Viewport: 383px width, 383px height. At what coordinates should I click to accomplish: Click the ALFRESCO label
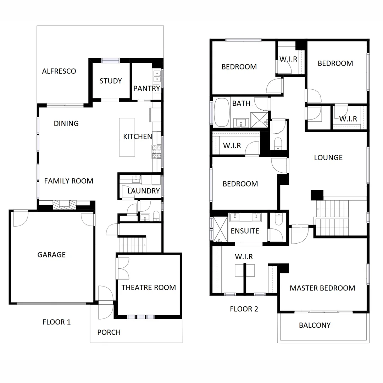(x=59, y=71)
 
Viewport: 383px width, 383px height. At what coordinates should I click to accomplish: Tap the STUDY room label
(x=111, y=81)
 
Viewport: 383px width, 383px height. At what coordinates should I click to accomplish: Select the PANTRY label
(x=146, y=88)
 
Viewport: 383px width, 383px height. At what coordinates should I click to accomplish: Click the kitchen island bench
(x=127, y=137)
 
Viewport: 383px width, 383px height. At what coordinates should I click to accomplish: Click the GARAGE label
(x=51, y=255)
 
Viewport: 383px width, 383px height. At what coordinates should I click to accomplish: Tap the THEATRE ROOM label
(x=149, y=287)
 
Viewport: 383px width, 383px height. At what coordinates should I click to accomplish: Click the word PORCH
(x=109, y=332)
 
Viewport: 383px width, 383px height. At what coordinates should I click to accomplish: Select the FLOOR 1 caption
(x=56, y=322)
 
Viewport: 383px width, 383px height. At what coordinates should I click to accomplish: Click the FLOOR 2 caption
(x=244, y=309)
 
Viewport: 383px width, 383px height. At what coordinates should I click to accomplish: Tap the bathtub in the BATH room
(x=222, y=113)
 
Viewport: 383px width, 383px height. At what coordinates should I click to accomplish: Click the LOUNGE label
(x=328, y=157)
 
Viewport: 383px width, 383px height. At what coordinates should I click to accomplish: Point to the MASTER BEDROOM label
(x=322, y=288)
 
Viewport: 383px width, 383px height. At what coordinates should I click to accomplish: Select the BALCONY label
(x=315, y=325)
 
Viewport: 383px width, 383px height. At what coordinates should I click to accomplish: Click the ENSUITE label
(x=245, y=231)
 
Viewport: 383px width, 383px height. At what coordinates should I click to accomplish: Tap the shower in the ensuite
(x=220, y=229)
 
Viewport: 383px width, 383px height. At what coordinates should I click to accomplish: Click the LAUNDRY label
(x=143, y=191)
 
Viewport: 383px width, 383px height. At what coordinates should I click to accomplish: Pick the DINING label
(x=66, y=124)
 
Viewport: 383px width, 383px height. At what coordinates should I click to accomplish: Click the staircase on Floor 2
(x=332, y=217)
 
